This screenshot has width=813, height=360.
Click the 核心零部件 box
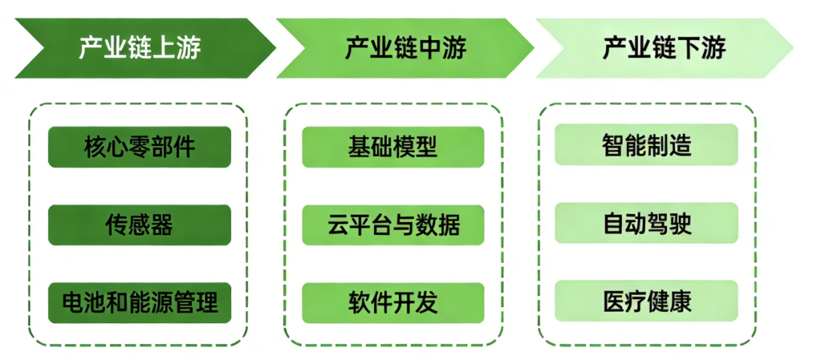(x=139, y=146)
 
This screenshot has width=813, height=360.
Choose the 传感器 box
(x=139, y=224)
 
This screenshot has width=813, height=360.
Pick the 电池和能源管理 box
(x=139, y=303)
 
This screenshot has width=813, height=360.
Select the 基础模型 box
(x=393, y=146)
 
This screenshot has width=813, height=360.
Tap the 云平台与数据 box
(x=393, y=224)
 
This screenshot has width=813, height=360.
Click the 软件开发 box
(x=393, y=303)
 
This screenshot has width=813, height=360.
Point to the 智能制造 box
(x=647, y=145)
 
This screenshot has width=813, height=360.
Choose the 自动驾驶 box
(x=647, y=224)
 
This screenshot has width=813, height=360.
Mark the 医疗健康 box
(x=647, y=301)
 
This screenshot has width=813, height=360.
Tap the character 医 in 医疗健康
(x=614, y=301)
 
